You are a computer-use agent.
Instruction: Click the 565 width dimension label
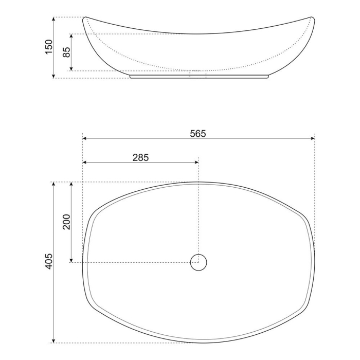pyautogui.click(x=197, y=133)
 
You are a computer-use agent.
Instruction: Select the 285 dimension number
pyautogui.click(x=140, y=158)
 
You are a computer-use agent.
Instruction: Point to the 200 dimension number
pyautogui.click(x=66, y=222)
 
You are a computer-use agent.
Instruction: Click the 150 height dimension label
pyautogui.click(x=49, y=47)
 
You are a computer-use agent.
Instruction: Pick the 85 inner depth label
pyautogui.click(x=66, y=52)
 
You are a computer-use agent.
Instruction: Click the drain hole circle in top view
pyautogui.click(x=199, y=262)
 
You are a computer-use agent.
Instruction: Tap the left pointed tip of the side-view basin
pyautogui.click(x=84, y=19)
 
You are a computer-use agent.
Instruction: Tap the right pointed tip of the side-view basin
pyautogui.click(x=313, y=19)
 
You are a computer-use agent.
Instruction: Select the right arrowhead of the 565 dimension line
pyautogui.click(x=312, y=138)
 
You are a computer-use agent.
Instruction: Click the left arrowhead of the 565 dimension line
pyautogui.click(x=85, y=138)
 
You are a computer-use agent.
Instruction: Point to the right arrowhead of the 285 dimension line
pyautogui.click(x=196, y=163)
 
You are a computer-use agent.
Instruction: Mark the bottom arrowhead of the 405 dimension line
pyautogui.click(x=54, y=340)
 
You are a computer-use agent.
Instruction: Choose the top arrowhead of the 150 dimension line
pyautogui.click(x=54, y=20)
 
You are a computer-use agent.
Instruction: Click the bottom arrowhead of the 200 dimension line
pyautogui.click(x=71, y=260)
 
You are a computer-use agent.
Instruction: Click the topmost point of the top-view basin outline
pyautogui.click(x=199, y=182)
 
